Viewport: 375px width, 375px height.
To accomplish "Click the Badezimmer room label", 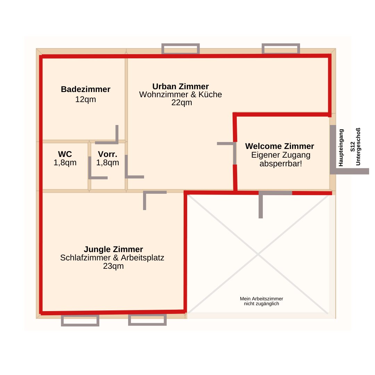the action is coord(86,89).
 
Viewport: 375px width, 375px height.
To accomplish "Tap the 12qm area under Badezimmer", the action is coord(86,99).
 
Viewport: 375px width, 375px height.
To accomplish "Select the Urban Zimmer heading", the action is coord(181,86).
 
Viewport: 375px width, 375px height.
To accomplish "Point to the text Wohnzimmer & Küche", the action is coord(181,94).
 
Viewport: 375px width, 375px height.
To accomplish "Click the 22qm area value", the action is coord(182,102).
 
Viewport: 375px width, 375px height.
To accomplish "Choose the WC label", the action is coord(65,154).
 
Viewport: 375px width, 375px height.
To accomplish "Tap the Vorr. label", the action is coord(108,154).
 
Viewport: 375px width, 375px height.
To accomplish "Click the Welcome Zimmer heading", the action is coord(280,146).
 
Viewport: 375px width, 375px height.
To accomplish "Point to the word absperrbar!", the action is coord(281,164).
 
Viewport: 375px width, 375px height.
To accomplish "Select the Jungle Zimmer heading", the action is coord(113,249).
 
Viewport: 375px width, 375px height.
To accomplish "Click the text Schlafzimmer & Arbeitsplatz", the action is coord(112,258).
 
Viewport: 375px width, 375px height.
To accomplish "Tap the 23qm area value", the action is coord(113,266).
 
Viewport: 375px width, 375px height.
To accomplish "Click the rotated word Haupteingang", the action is coord(341,148).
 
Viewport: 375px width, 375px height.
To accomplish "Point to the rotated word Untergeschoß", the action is coord(358,147).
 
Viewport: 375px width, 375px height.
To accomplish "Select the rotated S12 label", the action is coord(352,147).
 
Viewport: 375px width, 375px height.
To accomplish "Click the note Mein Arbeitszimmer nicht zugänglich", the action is coord(261,301).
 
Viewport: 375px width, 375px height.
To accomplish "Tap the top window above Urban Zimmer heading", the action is coord(181,49).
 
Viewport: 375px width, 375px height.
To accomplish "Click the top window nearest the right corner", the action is coord(281,49).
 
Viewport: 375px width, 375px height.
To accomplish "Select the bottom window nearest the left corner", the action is coord(80,320).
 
